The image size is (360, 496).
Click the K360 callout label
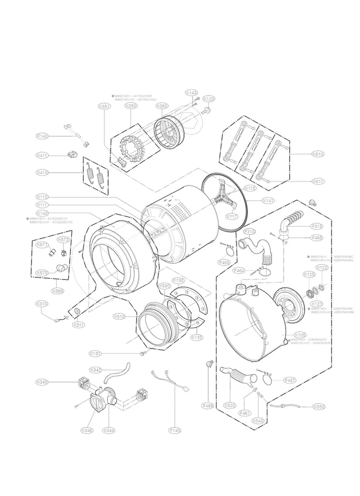(x=162, y=106)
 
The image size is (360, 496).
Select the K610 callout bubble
(x=318, y=154)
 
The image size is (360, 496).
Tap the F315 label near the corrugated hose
(x=317, y=226)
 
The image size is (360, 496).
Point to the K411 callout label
(x=43, y=155)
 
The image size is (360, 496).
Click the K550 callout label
(x=319, y=407)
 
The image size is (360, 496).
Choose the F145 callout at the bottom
(x=175, y=431)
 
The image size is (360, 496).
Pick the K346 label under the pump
(x=87, y=430)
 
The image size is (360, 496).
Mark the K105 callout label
(x=300, y=335)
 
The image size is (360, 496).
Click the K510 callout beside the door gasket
(x=120, y=316)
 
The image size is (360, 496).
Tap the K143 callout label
(x=192, y=92)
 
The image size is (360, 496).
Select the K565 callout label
(x=45, y=290)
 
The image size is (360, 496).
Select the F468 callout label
(x=208, y=406)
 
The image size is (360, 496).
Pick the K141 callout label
(x=268, y=200)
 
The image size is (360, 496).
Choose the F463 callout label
(x=224, y=263)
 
